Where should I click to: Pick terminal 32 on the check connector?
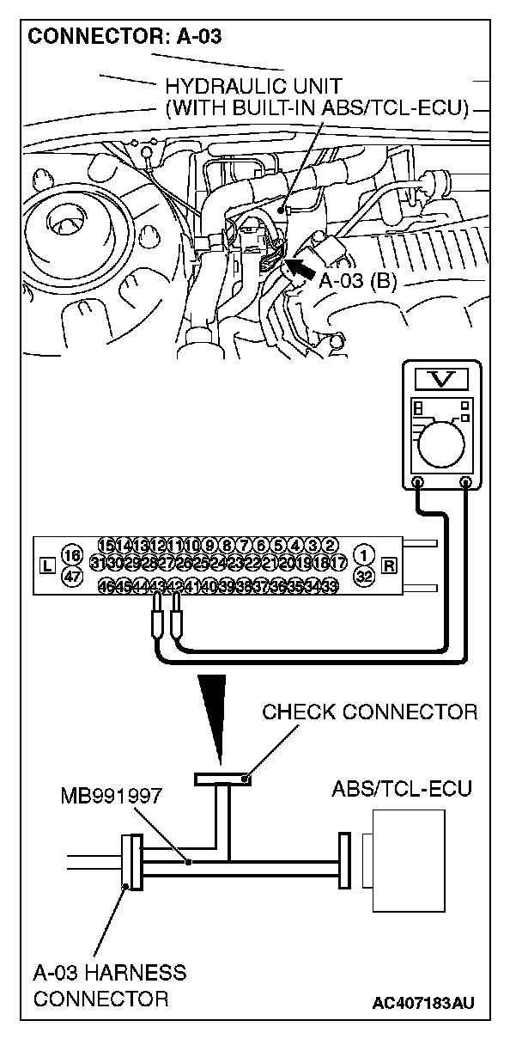[x=364, y=577]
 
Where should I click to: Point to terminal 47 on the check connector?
[x=72, y=577]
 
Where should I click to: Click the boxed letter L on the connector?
[x=46, y=565]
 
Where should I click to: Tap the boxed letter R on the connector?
[x=390, y=565]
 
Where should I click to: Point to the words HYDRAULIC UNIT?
[x=244, y=86]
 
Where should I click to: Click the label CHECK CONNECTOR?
[x=369, y=712]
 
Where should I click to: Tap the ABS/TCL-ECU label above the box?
[x=401, y=789]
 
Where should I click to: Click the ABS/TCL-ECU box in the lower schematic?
[x=409, y=859]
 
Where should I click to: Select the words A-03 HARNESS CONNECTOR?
[x=109, y=986]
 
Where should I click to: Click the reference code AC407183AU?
[x=424, y=1003]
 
